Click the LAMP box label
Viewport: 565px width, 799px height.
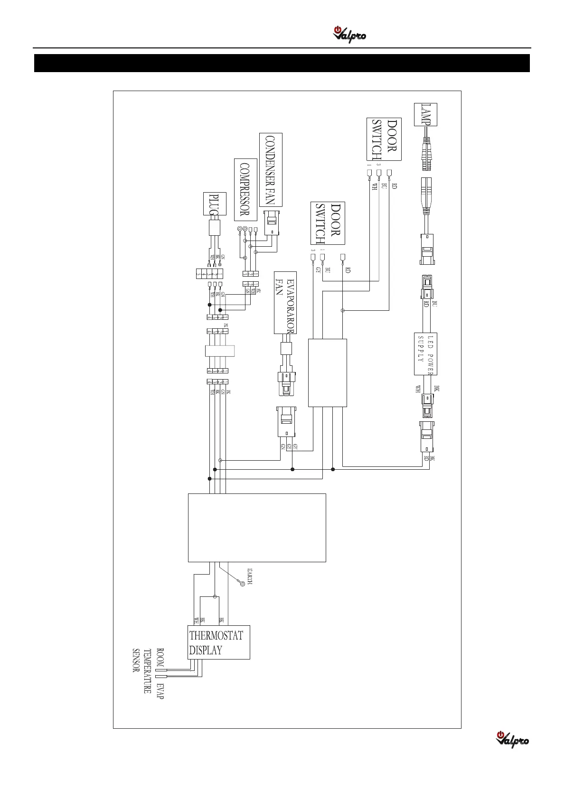pos(425,114)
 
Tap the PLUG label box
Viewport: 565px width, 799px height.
pos(215,204)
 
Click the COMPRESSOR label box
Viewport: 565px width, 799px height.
pos(245,189)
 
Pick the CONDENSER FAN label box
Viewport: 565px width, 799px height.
pos(271,169)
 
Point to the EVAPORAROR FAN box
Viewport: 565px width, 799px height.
pos(285,302)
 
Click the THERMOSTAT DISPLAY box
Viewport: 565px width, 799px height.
pos(218,642)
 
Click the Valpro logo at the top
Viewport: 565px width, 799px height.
pos(349,35)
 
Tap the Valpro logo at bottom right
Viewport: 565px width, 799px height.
pos(512,739)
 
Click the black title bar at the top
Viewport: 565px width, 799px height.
pos(282,63)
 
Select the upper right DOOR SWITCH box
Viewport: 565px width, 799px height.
pos(384,139)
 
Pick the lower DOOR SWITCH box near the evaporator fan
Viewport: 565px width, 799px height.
pos(328,223)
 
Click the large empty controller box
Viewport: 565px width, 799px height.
pos(257,528)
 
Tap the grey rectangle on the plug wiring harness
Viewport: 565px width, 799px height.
pos(220,351)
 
